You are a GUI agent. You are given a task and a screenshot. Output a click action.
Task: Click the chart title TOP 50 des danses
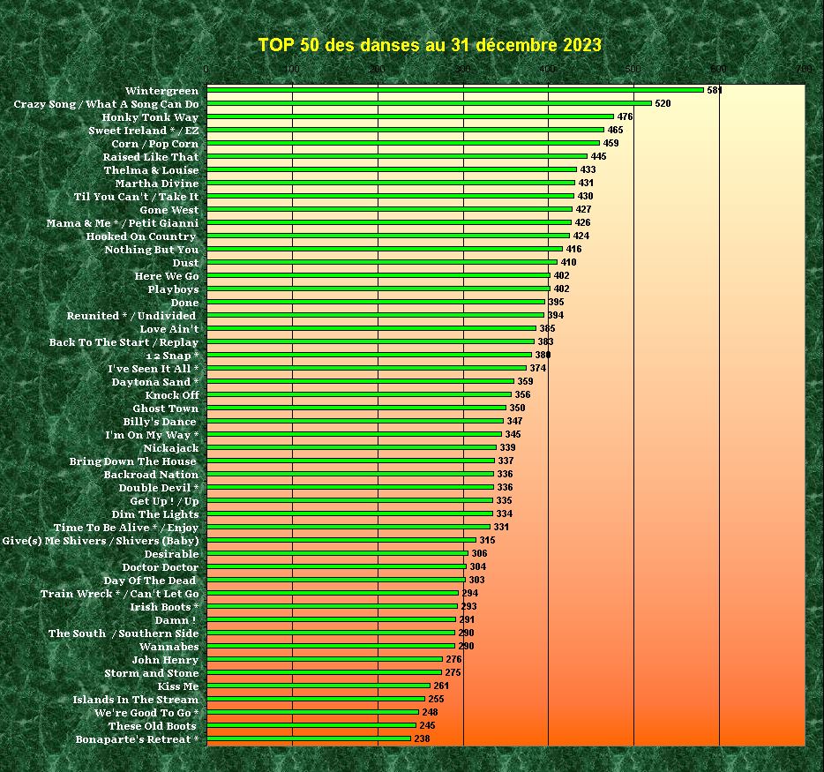pyautogui.click(x=430, y=45)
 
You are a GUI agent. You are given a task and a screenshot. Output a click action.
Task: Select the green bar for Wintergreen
pyautogui.click(x=455, y=90)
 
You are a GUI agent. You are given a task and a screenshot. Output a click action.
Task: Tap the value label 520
pyautogui.click(x=663, y=103)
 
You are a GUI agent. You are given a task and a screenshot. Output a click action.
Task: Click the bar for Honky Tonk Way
pyautogui.click(x=410, y=116)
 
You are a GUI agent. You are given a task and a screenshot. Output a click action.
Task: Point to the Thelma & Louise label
pyautogui.click(x=151, y=170)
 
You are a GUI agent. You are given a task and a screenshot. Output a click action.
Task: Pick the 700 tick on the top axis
pyautogui.click(x=804, y=69)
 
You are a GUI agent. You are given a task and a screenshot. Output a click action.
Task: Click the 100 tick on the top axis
pyautogui.click(x=292, y=69)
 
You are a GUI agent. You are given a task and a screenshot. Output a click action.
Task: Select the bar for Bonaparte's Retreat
pyautogui.click(x=309, y=738)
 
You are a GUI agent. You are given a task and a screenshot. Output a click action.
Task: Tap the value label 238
pyautogui.click(x=422, y=738)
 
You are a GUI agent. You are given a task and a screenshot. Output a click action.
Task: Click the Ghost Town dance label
pyautogui.click(x=165, y=408)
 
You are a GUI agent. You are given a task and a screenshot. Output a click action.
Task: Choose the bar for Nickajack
pyautogui.click(x=352, y=447)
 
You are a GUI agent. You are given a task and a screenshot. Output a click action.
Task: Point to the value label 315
pyautogui.click(x=487, y=540)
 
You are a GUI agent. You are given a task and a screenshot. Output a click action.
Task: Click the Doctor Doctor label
pyautogui.click(x=160, y=567)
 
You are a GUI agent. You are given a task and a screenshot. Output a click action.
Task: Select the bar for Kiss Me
pyautogui.click(x=318, y=686)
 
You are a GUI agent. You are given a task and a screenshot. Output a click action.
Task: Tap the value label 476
pyautogui.click(x=625, y=116)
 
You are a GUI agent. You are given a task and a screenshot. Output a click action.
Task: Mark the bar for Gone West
pyautogui.click(x=389, y=209)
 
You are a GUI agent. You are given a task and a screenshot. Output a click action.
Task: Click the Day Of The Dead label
pyautogui.click(x=151, y=581)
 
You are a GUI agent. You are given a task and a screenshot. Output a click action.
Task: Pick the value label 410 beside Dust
pyautogui.click(x=568, y=262)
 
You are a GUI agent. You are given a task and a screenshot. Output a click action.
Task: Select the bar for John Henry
pyautogui.click(x=325, y=659)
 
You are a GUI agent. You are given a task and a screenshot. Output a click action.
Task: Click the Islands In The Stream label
pyautogui.click(x=136, y=700)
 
